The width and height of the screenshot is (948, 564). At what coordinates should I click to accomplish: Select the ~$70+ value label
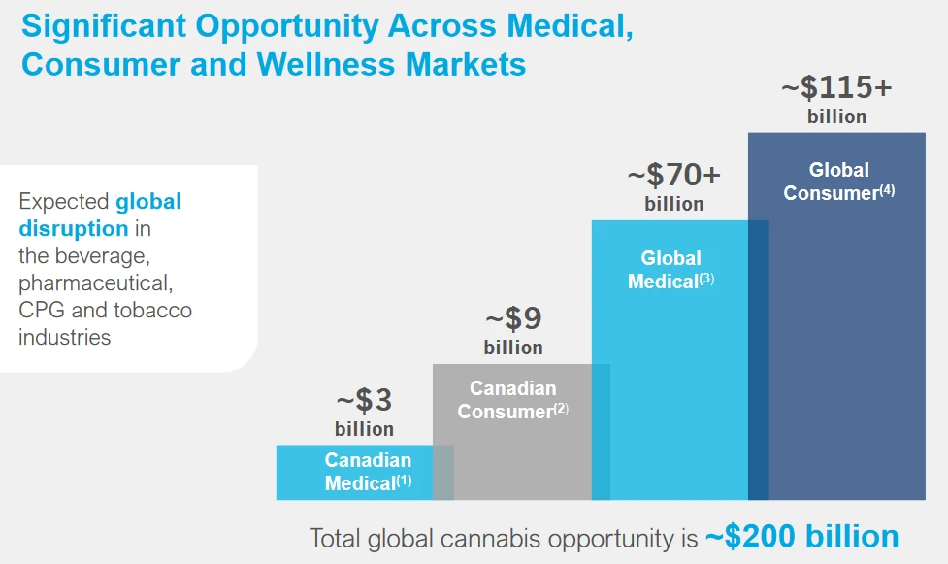pyautogui.click(x=673, y=176)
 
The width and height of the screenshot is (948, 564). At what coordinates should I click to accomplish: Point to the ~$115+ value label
pyautogui.click(x=836, y=88)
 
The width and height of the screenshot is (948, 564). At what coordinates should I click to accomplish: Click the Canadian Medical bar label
pyautogui.click(x=368, y=471)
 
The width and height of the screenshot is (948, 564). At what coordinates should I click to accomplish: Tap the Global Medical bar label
pyautogui.click(x=670, y=270)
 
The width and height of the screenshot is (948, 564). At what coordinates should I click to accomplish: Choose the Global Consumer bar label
pyautogui.click(x=838, y=182)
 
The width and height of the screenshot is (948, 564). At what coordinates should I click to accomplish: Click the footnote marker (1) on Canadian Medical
pyautogui.click(x=404, y=481)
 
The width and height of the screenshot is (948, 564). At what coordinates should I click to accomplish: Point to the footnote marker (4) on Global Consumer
pyautogui.click(x=887, y=190)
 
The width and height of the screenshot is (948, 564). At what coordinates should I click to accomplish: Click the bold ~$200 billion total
pyautogui.click(x=801, y=537)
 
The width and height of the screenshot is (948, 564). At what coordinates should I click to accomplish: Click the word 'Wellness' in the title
pyautogui.click(x=328, y=64)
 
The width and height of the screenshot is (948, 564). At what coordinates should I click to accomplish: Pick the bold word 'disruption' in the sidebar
pyautogui.click(x=74, y=229)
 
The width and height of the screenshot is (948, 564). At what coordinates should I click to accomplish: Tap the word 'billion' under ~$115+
pyautogui.click(x=836, y=116)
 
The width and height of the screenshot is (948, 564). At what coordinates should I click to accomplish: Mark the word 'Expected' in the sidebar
pyautogui.click(x=63, y=202)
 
